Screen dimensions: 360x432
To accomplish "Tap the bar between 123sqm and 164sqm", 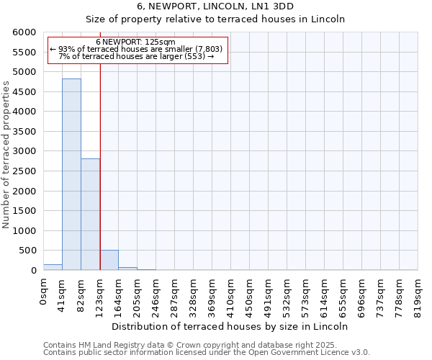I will click(109, 260).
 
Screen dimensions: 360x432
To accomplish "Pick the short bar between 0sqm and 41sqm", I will click(53, 267).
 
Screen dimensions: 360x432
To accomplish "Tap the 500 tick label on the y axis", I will click(28, 251).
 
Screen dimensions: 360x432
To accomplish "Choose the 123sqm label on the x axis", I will click(99, 294).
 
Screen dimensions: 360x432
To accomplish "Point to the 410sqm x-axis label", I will click(230, 294).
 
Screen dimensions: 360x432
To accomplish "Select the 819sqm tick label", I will click(418, 294).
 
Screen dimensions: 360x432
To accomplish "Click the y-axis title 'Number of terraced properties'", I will click(6, 155).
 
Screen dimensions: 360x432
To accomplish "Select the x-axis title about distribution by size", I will click(230, 326).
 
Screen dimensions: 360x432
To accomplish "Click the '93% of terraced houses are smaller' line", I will click(136, 49).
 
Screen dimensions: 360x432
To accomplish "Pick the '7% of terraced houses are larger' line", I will click(136, 56).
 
